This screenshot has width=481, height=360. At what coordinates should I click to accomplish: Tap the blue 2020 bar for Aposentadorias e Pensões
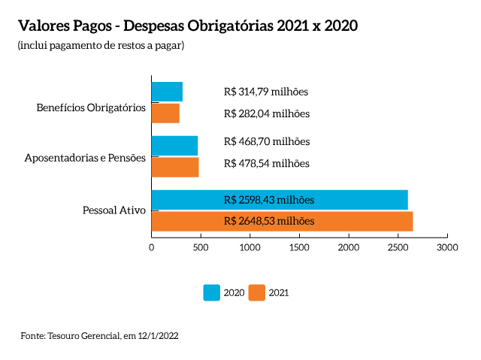click(174, 145)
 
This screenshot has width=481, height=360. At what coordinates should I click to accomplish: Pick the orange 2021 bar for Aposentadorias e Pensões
click(175, 167)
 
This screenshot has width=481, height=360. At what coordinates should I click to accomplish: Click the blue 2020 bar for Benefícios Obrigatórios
click(167, 92)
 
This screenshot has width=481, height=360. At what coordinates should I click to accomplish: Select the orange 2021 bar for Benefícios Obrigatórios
click(165, 113)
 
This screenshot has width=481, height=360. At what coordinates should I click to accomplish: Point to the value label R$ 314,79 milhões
click(266, 92)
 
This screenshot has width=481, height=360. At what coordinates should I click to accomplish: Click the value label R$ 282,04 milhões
click(266, 114)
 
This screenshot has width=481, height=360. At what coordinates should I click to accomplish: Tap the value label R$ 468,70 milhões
click(267, 141)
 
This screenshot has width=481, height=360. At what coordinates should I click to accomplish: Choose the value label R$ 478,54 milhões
click(267, 163)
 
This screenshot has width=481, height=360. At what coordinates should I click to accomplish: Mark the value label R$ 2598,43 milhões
click(269, 200)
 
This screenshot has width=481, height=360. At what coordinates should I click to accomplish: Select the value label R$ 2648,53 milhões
click(269, 221)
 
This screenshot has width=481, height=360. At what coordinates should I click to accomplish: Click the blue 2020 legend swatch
click(212, 293)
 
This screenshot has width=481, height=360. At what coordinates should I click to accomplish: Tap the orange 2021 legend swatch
click(257, 293)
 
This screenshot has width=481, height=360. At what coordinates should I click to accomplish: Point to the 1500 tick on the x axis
click(300, 247)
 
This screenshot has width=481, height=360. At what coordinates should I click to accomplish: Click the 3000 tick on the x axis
click(448, 247)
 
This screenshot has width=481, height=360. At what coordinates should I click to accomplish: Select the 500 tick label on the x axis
click(201, 247)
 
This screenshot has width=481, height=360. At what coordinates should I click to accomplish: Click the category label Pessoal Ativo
click(113, 210)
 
